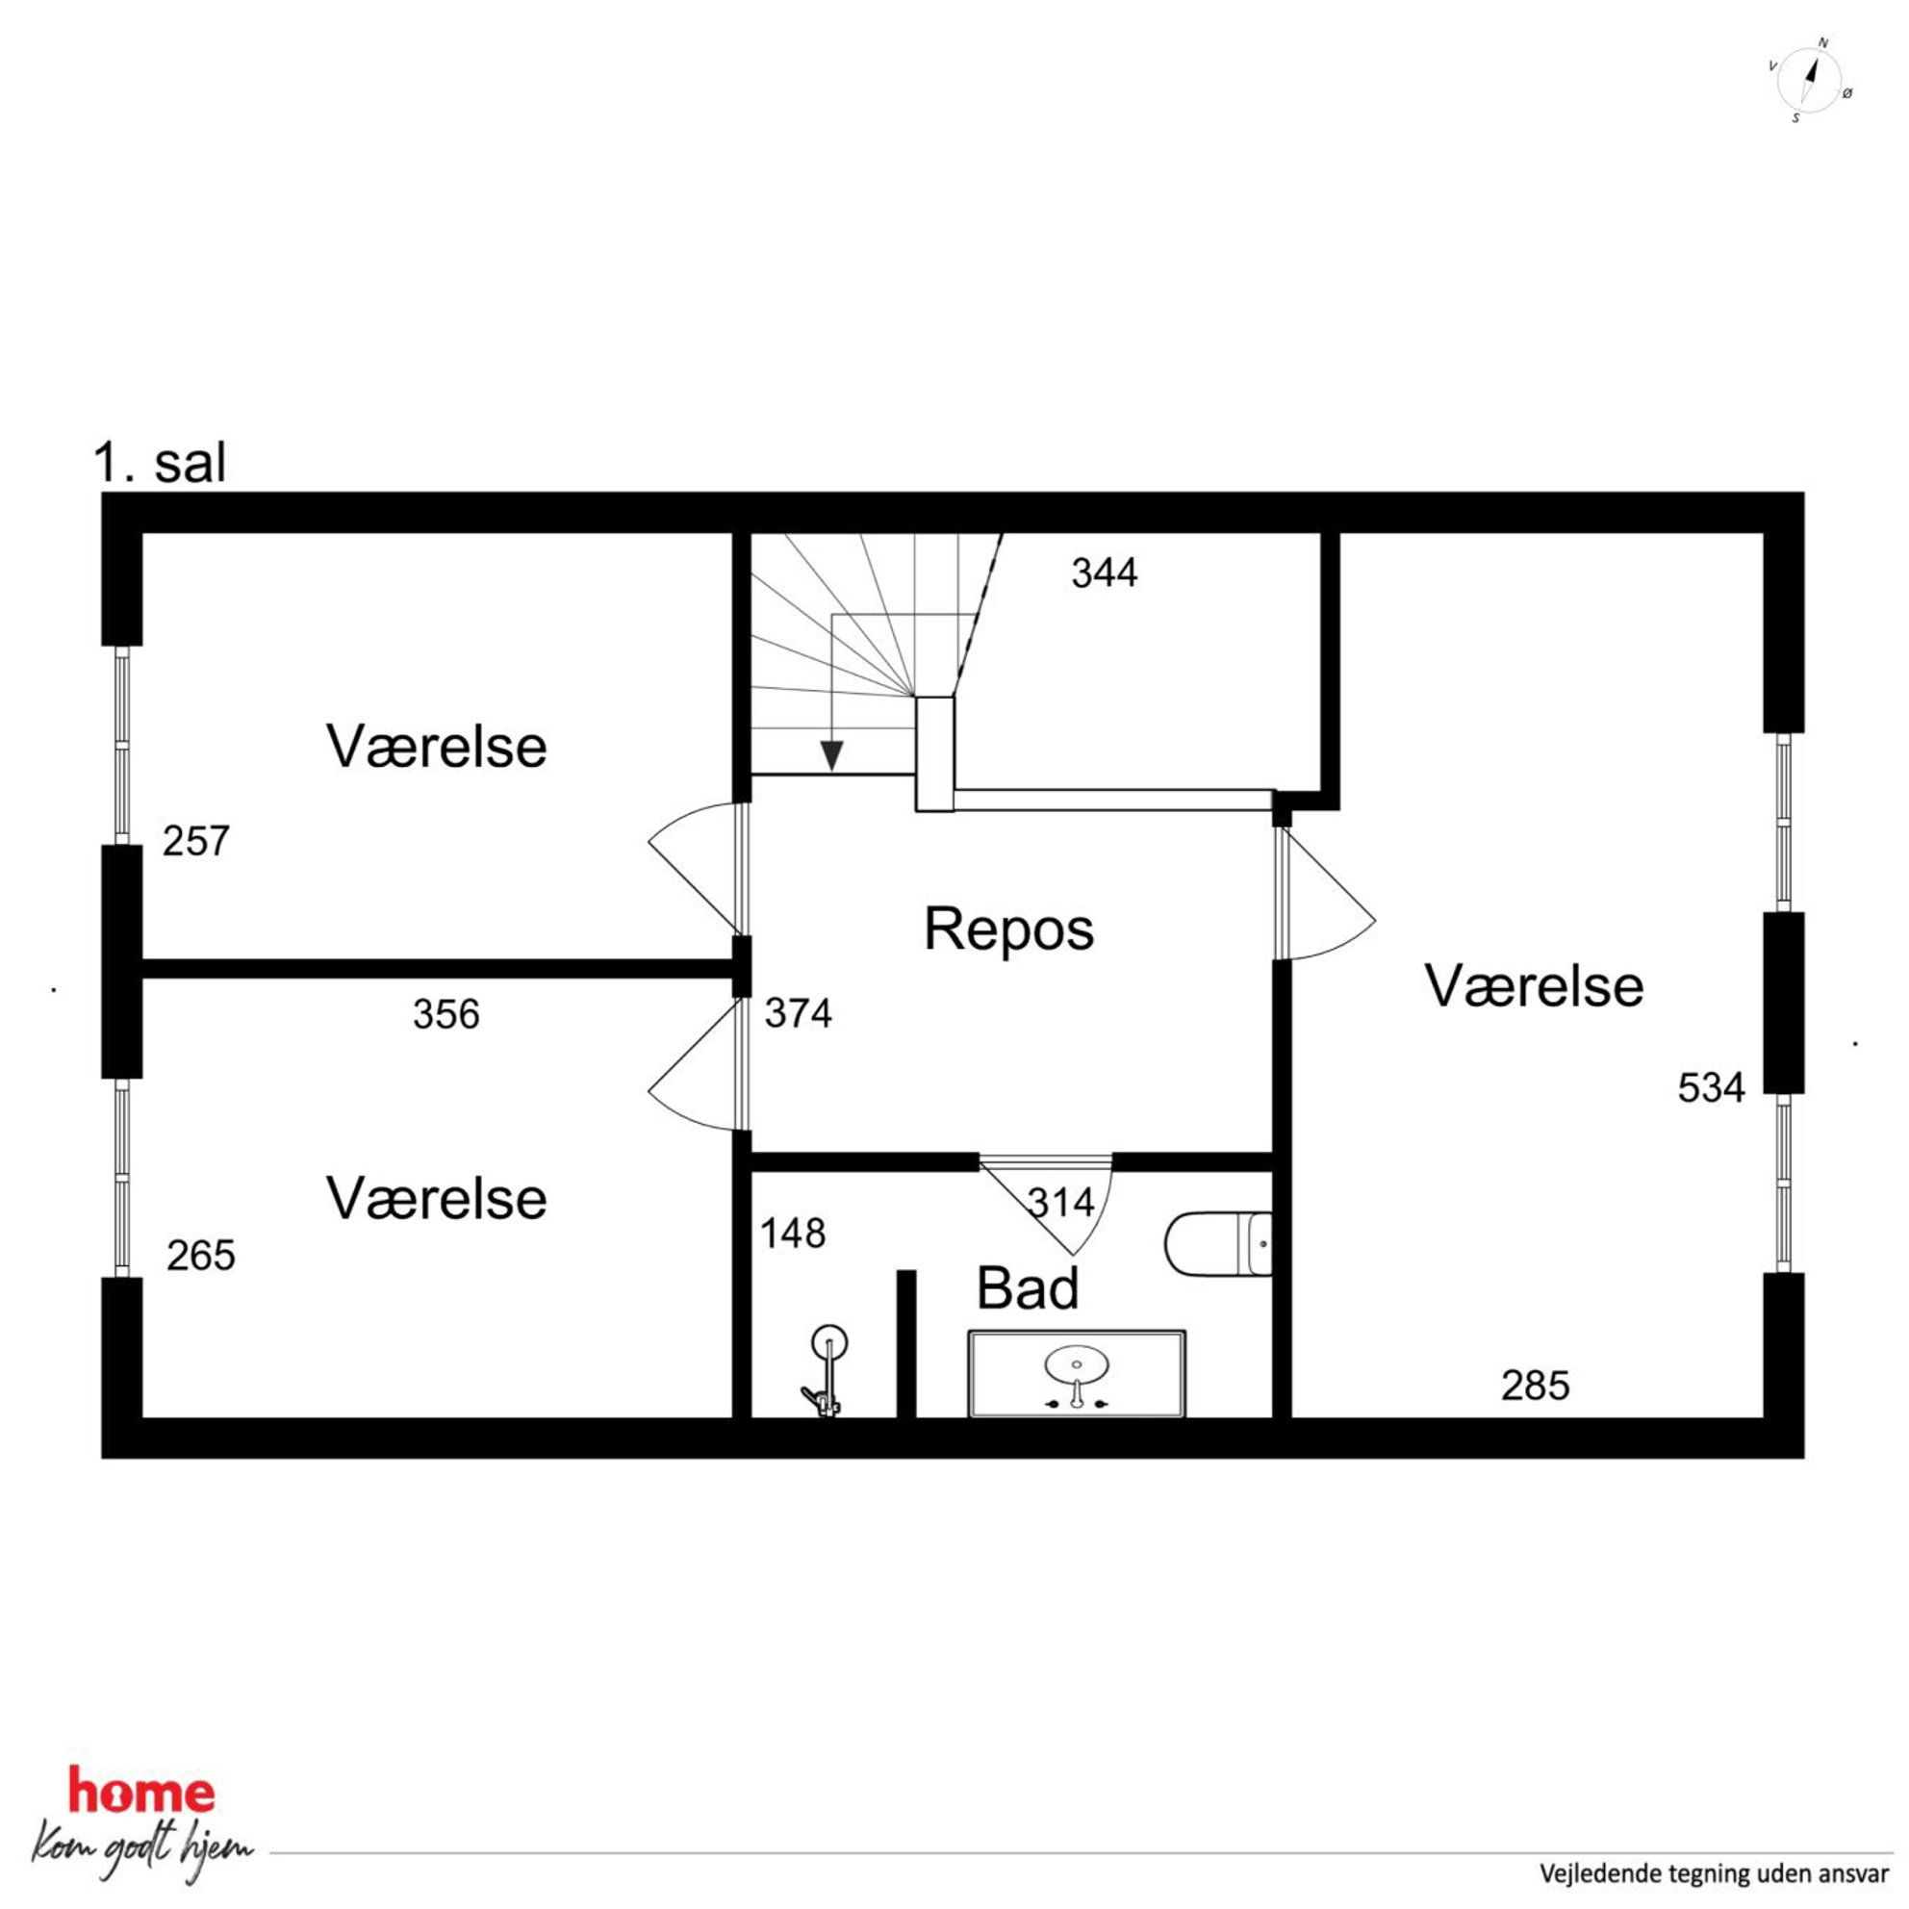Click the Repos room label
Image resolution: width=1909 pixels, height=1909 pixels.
coord(1008,929)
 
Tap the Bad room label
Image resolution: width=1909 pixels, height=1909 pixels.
coord(1028,1288)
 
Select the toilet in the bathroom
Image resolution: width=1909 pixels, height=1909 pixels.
coord(1218,1244)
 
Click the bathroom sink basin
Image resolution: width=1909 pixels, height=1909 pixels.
coord(1076,1367)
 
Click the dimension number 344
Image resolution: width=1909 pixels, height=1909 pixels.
coord(1104,573)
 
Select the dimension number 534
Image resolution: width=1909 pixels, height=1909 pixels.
coord(1712,1088)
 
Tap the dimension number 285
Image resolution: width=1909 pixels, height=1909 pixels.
coord(1535,1386)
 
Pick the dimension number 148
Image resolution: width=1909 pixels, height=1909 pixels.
coord(793,1234)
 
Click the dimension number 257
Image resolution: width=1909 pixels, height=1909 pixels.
coord(195,841)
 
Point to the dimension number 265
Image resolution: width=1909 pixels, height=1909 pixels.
coord(200,1256)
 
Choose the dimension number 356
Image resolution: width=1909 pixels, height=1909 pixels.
coord(445,1015)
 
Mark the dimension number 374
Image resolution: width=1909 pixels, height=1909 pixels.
coord(798,1014)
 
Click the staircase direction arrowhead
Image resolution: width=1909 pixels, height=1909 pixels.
coord(832,755)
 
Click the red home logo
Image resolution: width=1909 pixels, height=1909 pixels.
coord(141,1792)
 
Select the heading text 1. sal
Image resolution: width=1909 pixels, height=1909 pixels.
coord(160,463)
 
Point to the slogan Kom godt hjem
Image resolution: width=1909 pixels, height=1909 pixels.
coord(141,1848)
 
